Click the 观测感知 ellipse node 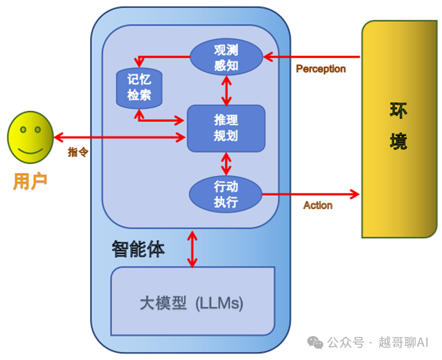[226, 57]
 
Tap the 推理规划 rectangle [226, 128]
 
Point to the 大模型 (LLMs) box [192, 302]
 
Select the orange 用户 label [30, 181]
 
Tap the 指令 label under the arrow [78, 152]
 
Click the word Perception [321, 69]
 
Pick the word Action [318, 205]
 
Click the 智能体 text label [138, 249]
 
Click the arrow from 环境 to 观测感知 [312, 57]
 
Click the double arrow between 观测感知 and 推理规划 [226, 90]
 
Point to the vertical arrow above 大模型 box [192, 249]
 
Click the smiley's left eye [22, 130]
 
